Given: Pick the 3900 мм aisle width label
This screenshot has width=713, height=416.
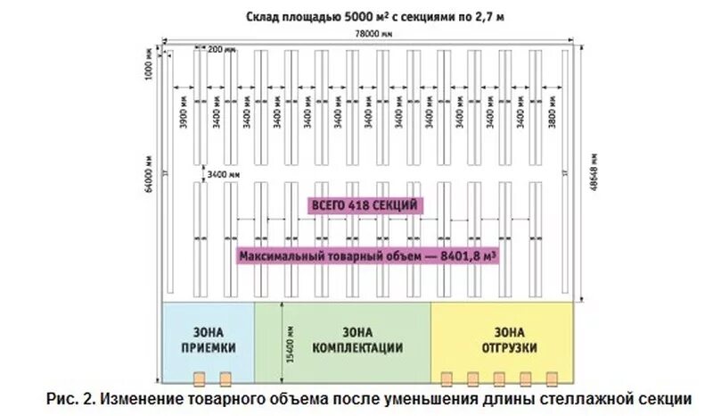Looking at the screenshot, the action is pos(184,114).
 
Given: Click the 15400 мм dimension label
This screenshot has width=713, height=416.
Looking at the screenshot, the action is pos(284,337).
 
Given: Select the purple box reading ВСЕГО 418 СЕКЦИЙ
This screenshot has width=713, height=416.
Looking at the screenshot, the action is pos(364,205).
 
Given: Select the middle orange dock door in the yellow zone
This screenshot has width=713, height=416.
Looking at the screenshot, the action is pos(499,378).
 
